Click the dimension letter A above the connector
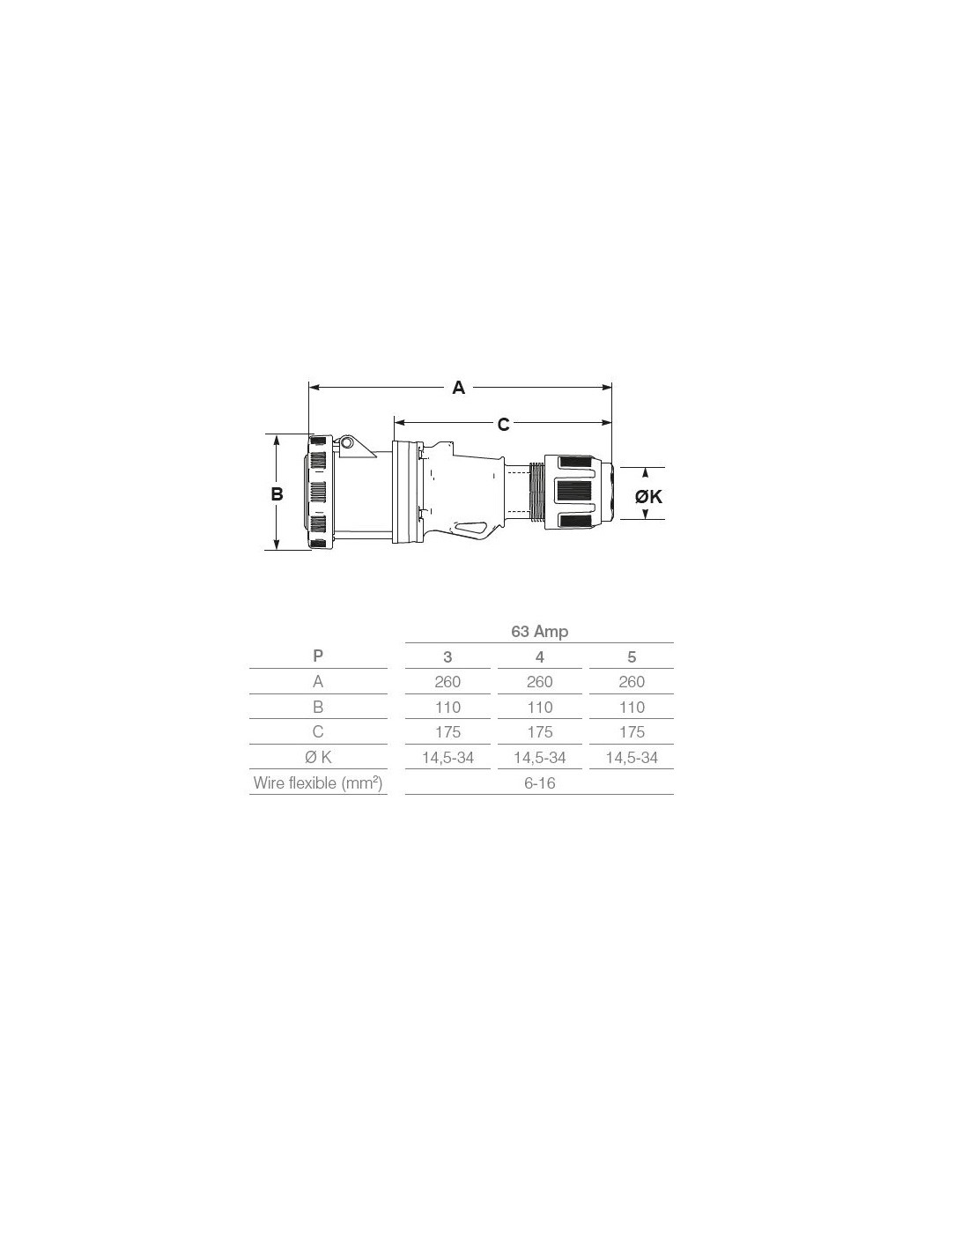[458, 388]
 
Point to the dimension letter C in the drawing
[503, 425]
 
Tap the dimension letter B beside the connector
[277, 493]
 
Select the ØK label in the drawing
[648, 496]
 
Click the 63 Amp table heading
[539, 632]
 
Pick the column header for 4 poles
[539, 656]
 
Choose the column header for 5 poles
[632, 656]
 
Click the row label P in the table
[318, 656]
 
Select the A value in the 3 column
[448, 681]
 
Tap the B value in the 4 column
[539, 707]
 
